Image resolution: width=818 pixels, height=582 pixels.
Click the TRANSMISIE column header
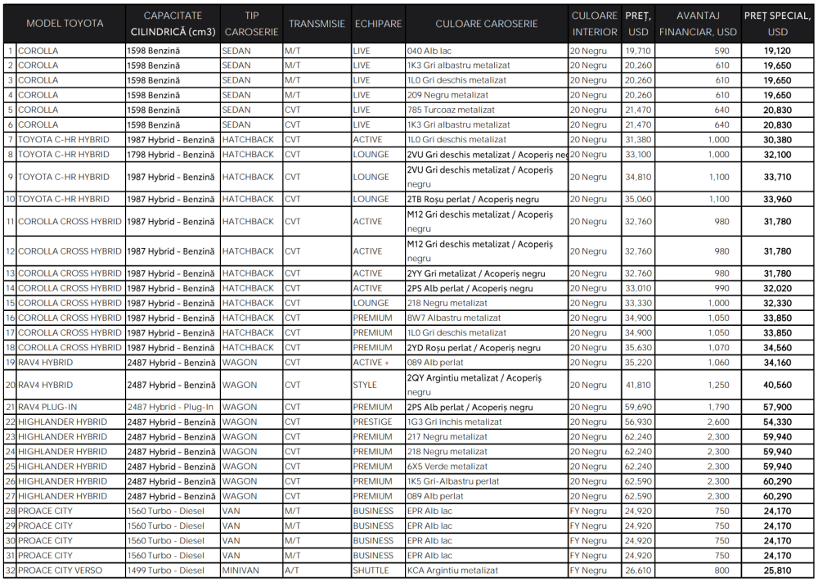click(317, 24)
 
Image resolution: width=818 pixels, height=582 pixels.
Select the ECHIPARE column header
click(378, 24)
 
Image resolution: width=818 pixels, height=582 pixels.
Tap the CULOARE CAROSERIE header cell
click(487, 24)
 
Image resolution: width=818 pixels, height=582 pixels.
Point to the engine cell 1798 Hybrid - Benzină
click(172, 155)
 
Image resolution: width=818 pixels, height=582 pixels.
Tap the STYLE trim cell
click(365, 385)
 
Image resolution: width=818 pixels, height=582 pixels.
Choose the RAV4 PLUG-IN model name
click(49, 407)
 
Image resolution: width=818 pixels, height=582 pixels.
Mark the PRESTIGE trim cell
click(372, 422)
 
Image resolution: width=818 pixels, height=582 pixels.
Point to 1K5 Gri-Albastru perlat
click(453, 481)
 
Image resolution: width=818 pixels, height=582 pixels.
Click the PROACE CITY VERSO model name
click(61, 571)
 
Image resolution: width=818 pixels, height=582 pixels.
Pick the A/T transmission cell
click(294, 571)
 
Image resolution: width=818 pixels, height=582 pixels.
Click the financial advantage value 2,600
click(717, 422)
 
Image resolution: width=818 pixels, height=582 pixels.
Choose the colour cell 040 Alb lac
click(429, 51)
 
